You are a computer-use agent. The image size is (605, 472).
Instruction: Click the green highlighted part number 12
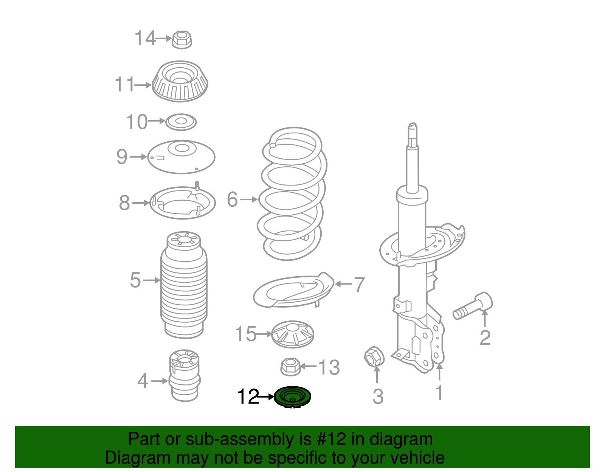tap(292, 397)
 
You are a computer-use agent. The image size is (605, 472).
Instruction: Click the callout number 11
tap(124, 85)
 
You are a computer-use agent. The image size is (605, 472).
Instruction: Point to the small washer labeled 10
tap(181, 122)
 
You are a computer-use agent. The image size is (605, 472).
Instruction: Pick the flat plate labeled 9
tap(181, 157)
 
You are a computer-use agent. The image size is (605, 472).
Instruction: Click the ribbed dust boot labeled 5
tap(184, 285)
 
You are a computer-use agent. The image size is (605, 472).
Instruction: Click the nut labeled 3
tap(374, 356)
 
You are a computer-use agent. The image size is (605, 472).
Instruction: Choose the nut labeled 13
tap(290, 366)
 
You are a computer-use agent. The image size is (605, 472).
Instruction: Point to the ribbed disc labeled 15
tap(293, 334)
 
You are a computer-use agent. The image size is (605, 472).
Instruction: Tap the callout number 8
tap(124, 203)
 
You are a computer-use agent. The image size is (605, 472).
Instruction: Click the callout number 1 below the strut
tap(439, 393)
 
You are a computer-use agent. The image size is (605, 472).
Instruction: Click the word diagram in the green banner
tap(401, 440)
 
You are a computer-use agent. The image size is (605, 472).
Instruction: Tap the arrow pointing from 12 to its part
tap(267, 397)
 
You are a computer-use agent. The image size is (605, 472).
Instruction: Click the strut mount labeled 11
tap(180, 81)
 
